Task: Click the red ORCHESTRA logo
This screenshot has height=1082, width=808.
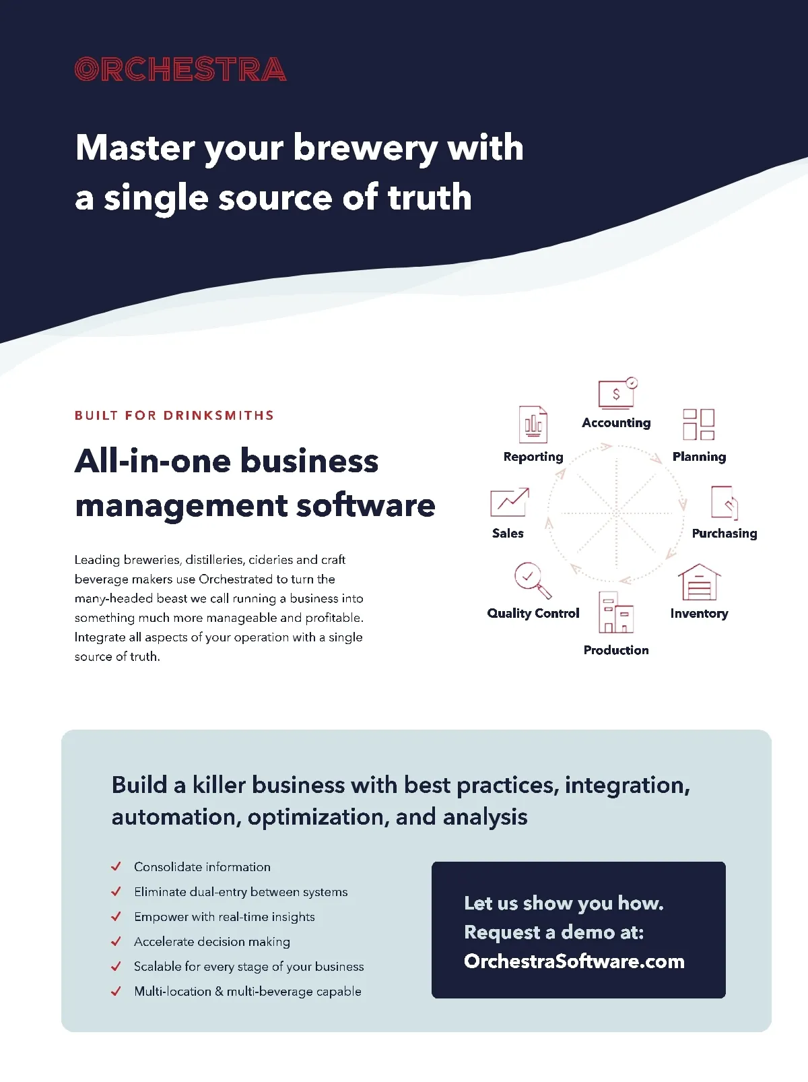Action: point(180,69)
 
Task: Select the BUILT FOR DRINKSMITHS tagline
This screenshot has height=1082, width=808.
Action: point(174,415)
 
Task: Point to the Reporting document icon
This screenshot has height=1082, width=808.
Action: point(533,424)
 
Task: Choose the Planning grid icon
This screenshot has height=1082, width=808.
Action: point(698,424)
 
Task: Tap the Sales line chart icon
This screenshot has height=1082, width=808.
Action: point(509,503)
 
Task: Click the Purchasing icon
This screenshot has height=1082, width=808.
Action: point(724,503)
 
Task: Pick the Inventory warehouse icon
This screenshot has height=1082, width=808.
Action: point(699,582)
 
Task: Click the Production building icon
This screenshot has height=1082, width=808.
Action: point(615,612)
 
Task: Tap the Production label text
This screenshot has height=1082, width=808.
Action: point(616,650)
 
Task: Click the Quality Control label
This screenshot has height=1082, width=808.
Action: point(533,613)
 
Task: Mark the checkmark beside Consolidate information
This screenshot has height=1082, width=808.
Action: point(116,866)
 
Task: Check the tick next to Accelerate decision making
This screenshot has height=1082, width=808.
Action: point(116,941)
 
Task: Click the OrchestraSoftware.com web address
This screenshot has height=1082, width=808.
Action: point(574,961)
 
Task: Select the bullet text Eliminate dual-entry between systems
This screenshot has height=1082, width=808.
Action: point(240,892)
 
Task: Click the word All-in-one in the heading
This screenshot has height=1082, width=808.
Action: point(154,462)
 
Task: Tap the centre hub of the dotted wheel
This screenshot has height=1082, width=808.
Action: point(616,513)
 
